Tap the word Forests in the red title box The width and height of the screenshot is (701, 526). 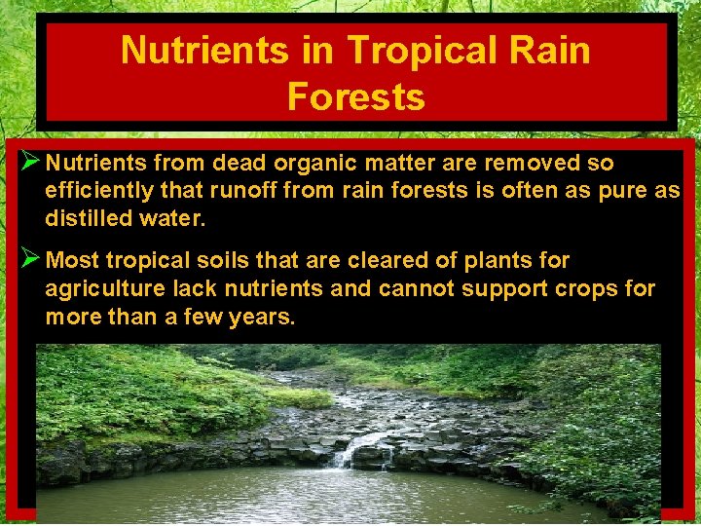click(x=356, y=96)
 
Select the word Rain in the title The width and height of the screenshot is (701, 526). click(x=555, y=50)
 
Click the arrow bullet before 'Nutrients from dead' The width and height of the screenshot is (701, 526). click(x=28, y=162)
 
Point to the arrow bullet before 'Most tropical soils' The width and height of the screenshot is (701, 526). click(x=28, y=259)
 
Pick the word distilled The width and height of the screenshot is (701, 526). click(x=88, y=218)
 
